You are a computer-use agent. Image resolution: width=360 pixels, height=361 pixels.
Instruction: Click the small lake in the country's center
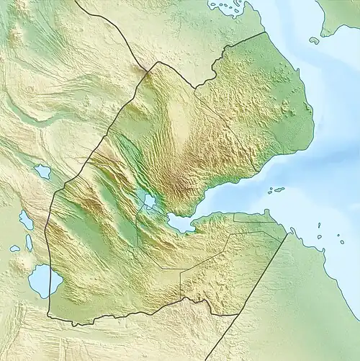point(150,200)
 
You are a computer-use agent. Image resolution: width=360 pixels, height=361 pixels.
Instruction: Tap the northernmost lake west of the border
point(42,171)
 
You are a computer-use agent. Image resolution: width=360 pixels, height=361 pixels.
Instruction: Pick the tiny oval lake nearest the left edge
point(15,249)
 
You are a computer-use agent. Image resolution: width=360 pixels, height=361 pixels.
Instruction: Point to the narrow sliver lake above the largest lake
point(29,243)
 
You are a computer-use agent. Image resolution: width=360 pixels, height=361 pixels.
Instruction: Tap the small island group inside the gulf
point(276,190)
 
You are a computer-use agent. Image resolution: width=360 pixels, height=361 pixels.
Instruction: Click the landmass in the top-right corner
point(340,14)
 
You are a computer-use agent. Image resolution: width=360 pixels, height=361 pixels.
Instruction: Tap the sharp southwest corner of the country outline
point(48,316)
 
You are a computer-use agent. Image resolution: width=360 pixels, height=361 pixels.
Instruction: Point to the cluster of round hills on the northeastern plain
point(288,108)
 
